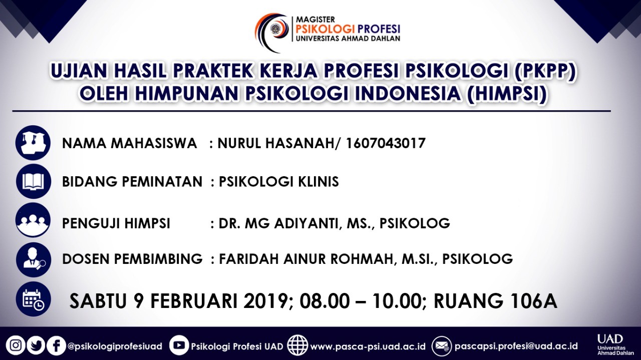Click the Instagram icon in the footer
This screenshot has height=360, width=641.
(x=16, y=345)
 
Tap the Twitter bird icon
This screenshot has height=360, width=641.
(x=36, y=345)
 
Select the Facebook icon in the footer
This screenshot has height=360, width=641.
(x=57, y=345)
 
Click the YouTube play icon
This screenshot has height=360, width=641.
(x=179, y=345)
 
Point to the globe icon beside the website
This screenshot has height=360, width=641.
(x=297, y=345)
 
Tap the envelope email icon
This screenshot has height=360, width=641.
(x=442, y=345)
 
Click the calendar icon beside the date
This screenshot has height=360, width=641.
(x=33, y=299)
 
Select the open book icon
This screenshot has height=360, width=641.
(x=34, y=181)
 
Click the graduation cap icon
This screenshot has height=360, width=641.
(x=33, y=143)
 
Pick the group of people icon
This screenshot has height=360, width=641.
(x=33, y=220)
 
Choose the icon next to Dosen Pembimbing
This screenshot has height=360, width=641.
(x=34, y=259)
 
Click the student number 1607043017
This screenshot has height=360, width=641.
(x=386, y=143)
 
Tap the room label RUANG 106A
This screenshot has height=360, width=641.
(x=495, y=301)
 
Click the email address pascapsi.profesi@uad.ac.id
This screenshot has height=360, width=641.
(x=516, y=346)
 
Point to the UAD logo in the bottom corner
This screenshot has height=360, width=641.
(x=615, y=344)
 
